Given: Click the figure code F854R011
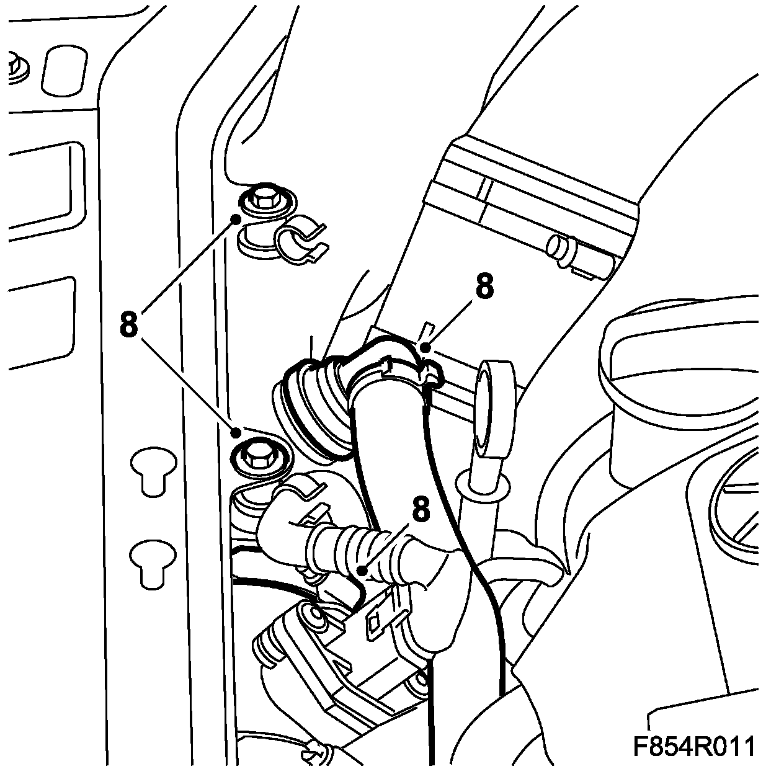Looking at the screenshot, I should coord(693,746).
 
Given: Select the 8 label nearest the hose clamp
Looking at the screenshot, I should coord(484,287).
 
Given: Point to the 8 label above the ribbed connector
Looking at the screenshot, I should coord(420,510).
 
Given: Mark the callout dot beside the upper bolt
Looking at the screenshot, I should coord(236,218).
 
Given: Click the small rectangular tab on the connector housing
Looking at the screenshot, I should coord(375,626).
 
